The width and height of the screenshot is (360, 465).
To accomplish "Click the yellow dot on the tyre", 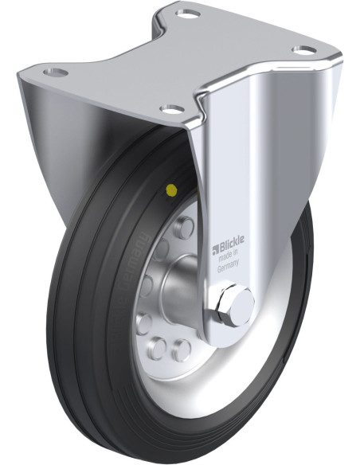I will pos(170,190).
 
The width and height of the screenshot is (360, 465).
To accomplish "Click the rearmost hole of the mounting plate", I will pos(187,14).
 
